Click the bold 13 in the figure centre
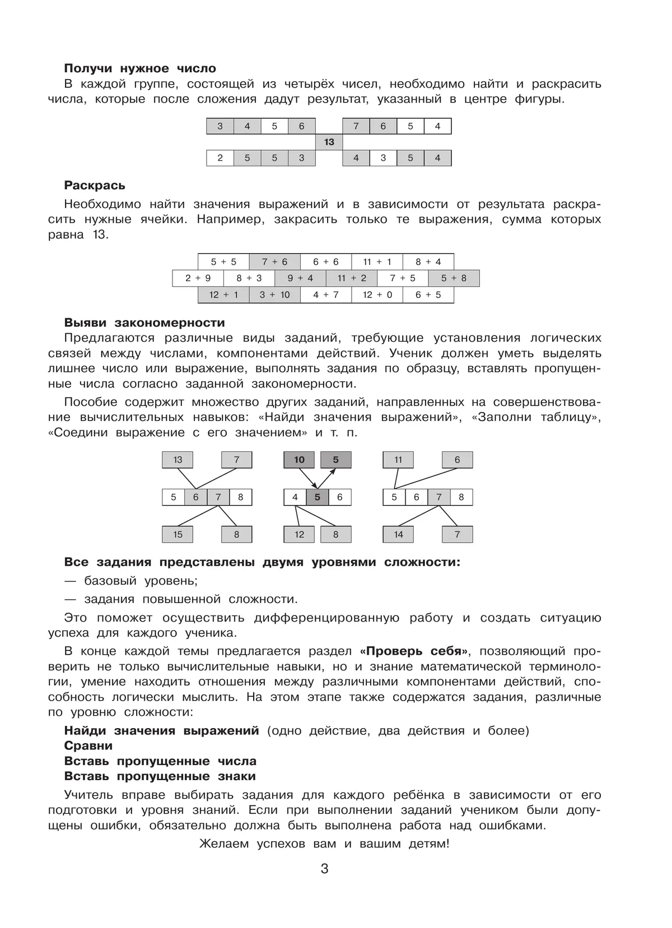coord(329,142)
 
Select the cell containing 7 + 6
coord(274,262)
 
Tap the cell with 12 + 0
coord(377,295)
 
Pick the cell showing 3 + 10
coord(274,295)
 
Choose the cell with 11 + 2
coord(352,278)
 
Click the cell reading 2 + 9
coord(198,278)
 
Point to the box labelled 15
coord(178,534)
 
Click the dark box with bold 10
coord(299,460)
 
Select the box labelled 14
coord(398,534)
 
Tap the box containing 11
coord(398,460)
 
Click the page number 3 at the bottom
coord(325,869)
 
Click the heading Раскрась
coord(95,185)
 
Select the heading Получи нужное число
coord(140,68)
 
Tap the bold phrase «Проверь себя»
coord(413,651)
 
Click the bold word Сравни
coord(88,746)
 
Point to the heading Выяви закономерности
coord(144,323)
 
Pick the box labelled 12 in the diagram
coord(299,534)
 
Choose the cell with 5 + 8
coord(454,278)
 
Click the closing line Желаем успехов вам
coord(324,844)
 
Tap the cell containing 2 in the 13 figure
coord(220,158)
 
